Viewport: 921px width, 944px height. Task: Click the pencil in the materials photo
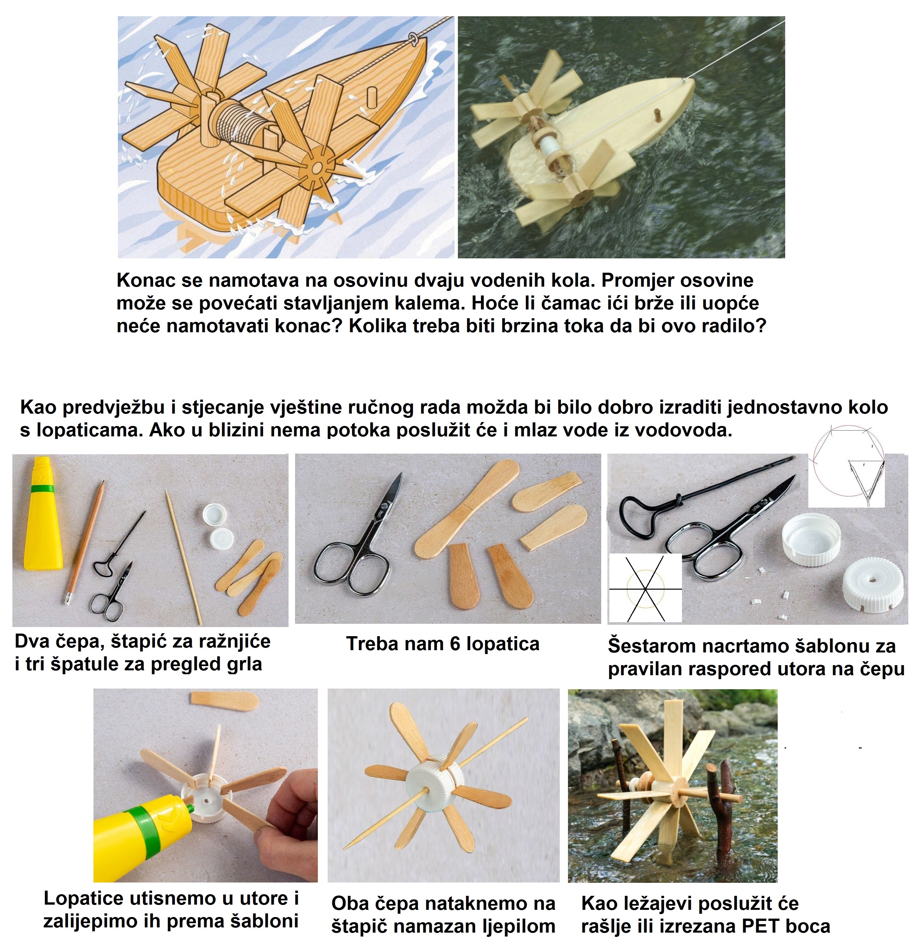point(85,542)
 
